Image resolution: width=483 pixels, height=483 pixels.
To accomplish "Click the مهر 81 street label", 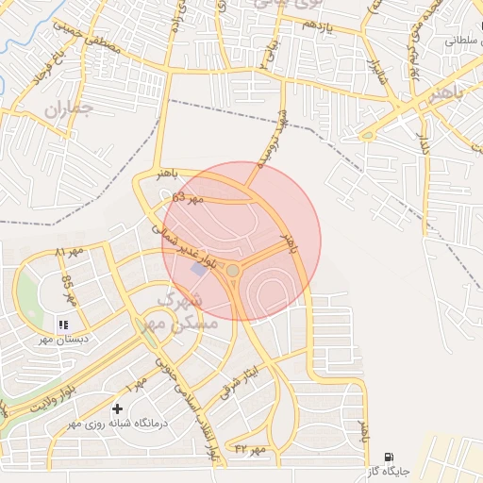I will click(x=69, y=253).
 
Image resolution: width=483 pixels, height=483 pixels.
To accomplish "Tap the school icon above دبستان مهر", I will click(x=63, y=325).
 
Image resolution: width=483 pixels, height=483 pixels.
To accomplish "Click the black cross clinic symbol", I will click(x=117, y=408).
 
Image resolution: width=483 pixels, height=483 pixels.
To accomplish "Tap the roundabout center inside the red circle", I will click(x=232, y=271).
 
